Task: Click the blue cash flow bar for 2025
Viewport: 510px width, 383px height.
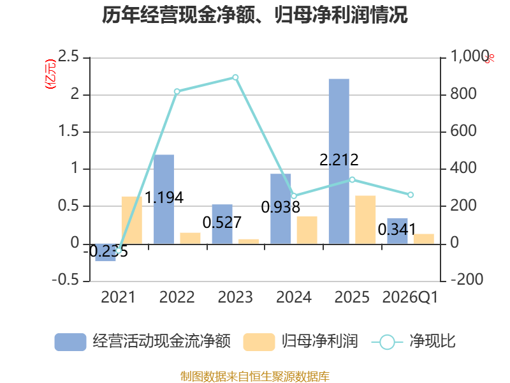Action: pos(339,161)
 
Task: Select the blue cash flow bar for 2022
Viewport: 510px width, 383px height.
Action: pos(164,199)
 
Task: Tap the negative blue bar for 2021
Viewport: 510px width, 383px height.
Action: pos(105,252)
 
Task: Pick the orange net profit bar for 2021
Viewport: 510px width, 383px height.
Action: pos(132,220)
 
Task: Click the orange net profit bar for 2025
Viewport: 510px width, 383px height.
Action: pos(365,220)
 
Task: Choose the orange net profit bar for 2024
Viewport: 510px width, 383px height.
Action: pos(307,230)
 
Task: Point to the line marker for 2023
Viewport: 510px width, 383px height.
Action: pos(235,77)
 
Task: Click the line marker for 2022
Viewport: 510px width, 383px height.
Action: pos(177,91)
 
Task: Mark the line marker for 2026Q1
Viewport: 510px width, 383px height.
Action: pos(411,195)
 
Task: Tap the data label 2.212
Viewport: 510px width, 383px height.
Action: pos(339,160)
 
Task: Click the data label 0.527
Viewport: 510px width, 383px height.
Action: pos(222,223)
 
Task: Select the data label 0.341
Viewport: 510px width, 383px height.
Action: pos(397,230)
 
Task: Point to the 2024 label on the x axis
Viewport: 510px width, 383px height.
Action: pos(294,297)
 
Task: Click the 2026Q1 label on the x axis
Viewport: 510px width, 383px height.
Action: pos(410,297)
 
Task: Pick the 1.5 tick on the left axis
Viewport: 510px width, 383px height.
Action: pos(68,131)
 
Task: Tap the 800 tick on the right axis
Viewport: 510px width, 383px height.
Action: pos(463,94)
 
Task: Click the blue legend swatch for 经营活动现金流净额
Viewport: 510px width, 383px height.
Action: pos(70,342)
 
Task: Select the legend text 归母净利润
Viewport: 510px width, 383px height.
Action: pos(320,342)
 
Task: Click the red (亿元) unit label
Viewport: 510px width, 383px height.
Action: pos(50,74)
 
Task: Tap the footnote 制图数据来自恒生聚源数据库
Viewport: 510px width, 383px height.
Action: pos(254,377)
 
